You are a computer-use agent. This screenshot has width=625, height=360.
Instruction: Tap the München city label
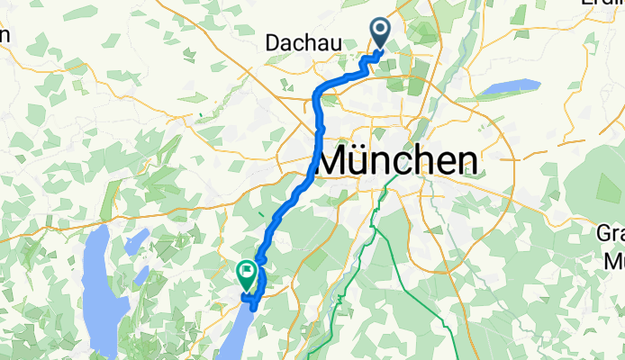397,161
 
